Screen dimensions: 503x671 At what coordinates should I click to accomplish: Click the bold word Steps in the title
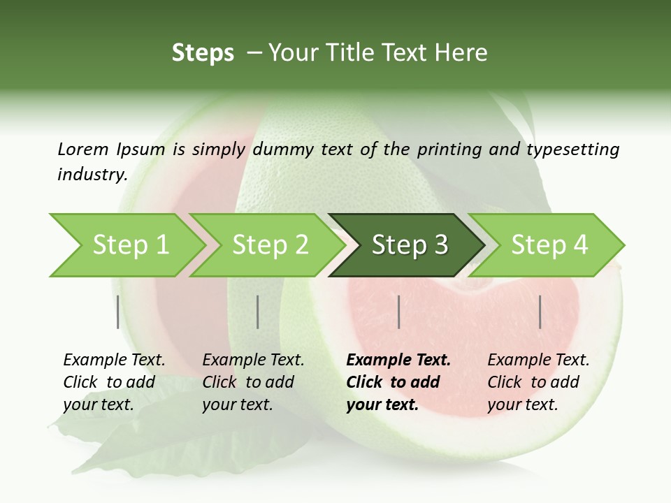(203, 53)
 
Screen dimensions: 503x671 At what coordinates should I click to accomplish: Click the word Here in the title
(461, 53)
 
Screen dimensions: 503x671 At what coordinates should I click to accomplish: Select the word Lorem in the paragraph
(82, 149)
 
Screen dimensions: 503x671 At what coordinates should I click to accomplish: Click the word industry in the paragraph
(92, 174)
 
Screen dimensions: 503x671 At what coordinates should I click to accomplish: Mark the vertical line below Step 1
(118, 312)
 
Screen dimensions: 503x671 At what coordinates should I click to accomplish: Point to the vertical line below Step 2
(258, 312)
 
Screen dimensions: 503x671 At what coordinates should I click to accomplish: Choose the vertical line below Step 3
(398, 312)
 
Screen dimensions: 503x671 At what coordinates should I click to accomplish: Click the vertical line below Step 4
(540, 312)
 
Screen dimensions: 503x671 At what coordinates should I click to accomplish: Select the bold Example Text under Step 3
(398, 360)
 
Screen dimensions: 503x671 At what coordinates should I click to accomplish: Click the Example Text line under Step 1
(114, 360)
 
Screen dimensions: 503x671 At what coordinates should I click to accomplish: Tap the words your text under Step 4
(522, 404)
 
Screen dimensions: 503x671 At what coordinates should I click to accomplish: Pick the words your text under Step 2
(237, 404)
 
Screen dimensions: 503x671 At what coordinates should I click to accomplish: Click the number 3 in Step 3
(440, 245)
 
